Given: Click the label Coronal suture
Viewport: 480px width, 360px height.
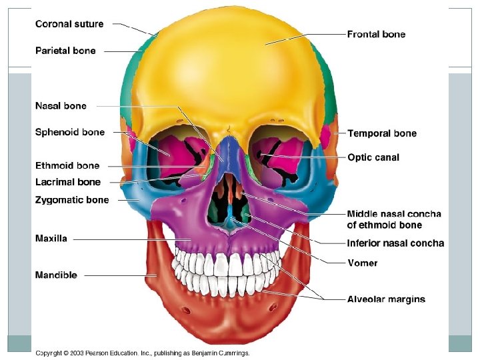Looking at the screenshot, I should click(69, 24).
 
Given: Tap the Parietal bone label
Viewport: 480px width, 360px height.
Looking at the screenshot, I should click(65, 51).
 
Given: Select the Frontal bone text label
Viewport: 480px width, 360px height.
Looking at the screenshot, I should click(376, 34).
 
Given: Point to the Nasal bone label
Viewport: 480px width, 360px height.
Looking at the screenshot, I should click(61, 106).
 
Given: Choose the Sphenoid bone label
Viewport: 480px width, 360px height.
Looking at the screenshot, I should click(70, 132).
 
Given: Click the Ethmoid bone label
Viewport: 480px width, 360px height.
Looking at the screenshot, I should click(67, 166).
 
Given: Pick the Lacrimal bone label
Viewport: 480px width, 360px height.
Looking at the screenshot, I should click(68, 182).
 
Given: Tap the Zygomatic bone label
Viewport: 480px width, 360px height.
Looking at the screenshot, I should click(72, 200).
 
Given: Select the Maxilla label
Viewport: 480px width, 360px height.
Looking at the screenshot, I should click(51, 239).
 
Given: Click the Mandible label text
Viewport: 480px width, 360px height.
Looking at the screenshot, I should click(56, 275).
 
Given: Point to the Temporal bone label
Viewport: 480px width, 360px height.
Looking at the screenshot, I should click(382, 133).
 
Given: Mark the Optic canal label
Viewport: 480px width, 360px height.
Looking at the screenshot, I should click(373, 157).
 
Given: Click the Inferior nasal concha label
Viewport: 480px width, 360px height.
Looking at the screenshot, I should click(395, 243).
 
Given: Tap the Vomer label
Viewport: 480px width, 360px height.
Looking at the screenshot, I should click(363, 263).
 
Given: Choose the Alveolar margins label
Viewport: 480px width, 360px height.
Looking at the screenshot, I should click(386, 299).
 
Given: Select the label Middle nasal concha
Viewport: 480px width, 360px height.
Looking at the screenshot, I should click(394, 214).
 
